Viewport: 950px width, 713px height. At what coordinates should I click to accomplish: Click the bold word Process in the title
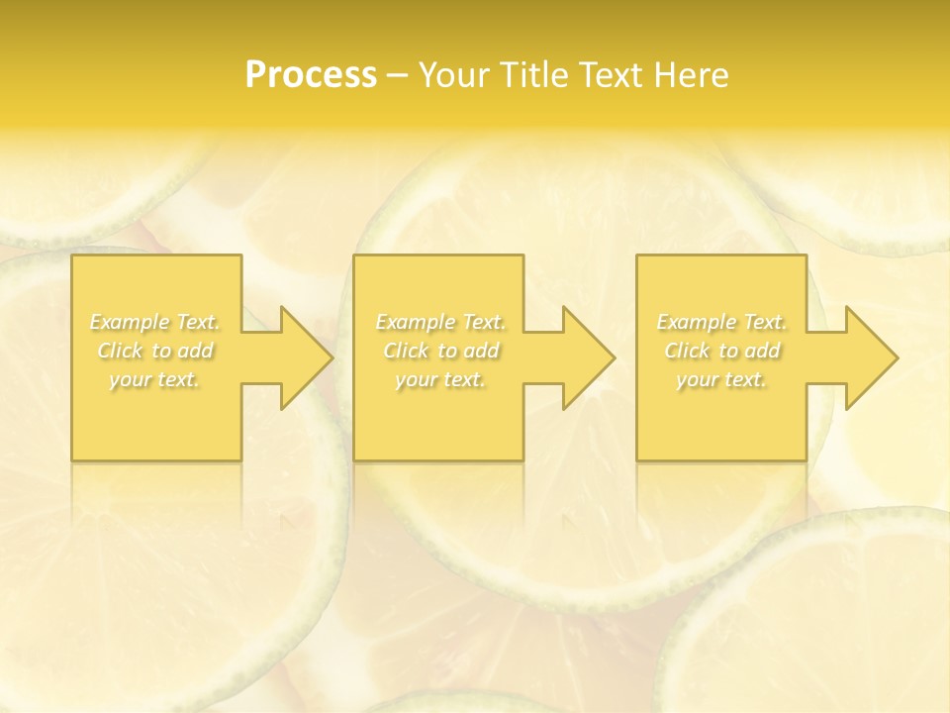[x=311, y=75]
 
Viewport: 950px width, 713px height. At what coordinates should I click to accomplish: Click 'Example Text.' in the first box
[x=154, y=322]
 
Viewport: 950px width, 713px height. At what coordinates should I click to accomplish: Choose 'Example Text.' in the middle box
[x=440, y=322]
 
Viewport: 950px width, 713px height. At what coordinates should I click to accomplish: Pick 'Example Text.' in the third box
[x=721, y=322]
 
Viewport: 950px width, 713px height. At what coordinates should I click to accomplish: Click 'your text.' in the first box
[x=154, y=379]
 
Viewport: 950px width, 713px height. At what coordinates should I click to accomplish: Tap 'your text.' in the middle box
[x=440, y=379]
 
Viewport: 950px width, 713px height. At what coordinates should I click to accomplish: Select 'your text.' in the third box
[x=721, y=379]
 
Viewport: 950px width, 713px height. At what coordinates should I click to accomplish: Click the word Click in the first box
[x=120, y=351]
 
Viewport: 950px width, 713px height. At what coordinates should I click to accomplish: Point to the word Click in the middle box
[x=406, y=351]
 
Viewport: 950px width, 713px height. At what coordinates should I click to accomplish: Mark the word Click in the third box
[x=687, y=351]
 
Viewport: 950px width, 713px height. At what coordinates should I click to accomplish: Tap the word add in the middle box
[x=480, y=351]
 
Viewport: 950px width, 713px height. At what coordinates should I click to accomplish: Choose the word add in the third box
[x=761, y=351]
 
